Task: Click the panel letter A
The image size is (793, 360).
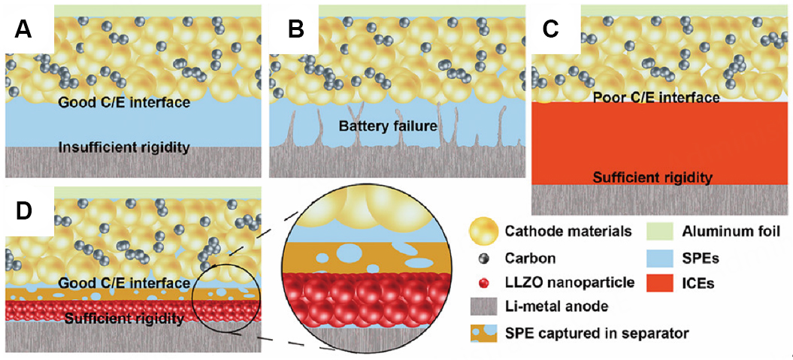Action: click(x=24, y=31)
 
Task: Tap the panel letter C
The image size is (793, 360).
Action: click(x=552, y=31)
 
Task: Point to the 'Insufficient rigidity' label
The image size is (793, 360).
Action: click(x=125, y=148)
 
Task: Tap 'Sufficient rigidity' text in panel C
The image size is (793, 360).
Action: click(x=652, y=177)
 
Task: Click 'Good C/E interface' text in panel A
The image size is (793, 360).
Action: click(x=124, y=103)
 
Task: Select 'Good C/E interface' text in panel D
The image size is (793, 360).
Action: click(x=124, y=282)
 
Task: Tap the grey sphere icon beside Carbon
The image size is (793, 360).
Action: click(x=482, y=258)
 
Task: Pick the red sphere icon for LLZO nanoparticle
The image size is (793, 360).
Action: click(x=482, y=283)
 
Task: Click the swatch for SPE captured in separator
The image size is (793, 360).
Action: click(x=482, y=333)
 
